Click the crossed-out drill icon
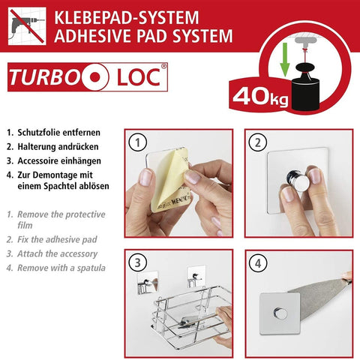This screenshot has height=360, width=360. tap(27, 26)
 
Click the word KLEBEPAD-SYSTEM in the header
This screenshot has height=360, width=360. tap(127, 17)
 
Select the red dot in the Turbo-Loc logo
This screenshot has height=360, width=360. tap(95, 77)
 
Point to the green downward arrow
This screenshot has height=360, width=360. tap(285, 59)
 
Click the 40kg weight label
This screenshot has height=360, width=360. tap(260, 97)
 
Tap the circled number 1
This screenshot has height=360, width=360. tap(137, 142)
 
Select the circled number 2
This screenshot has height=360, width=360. tap(258, 142)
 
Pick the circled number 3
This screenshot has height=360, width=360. tap(137, 263)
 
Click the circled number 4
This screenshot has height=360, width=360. tap(258, 263)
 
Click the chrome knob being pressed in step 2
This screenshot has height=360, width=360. tap(298, 179)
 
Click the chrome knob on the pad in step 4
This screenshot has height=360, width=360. tap(280, 313)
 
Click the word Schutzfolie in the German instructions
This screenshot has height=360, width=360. tap(40, 133)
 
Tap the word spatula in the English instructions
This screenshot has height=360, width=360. tap(91, 268)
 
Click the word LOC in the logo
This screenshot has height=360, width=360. tap(139, 77)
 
